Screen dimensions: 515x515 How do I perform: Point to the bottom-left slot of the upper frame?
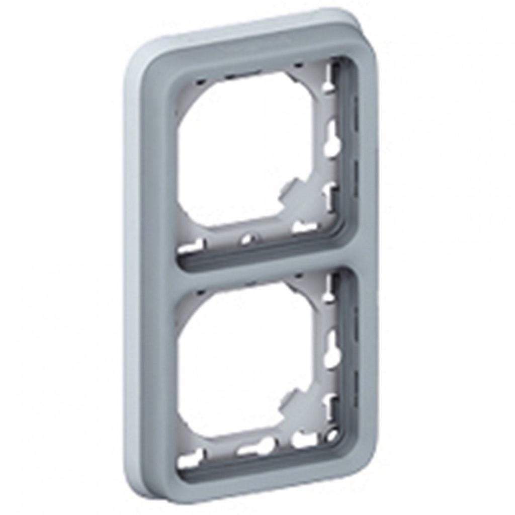194,246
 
